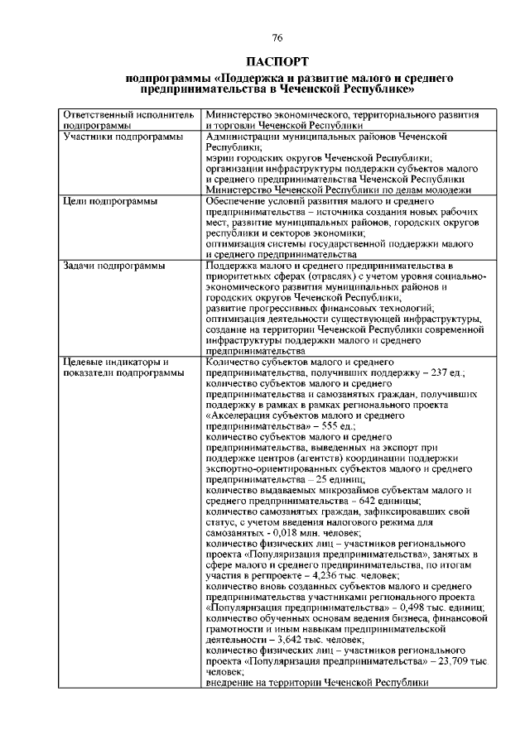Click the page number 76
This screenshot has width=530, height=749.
[x=277, y=36]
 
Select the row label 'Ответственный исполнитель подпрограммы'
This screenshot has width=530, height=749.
[x=128, y=119]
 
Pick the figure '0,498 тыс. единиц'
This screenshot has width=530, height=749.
[x=440, y=609]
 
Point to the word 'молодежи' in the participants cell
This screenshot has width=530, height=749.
[x=427, y=189]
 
